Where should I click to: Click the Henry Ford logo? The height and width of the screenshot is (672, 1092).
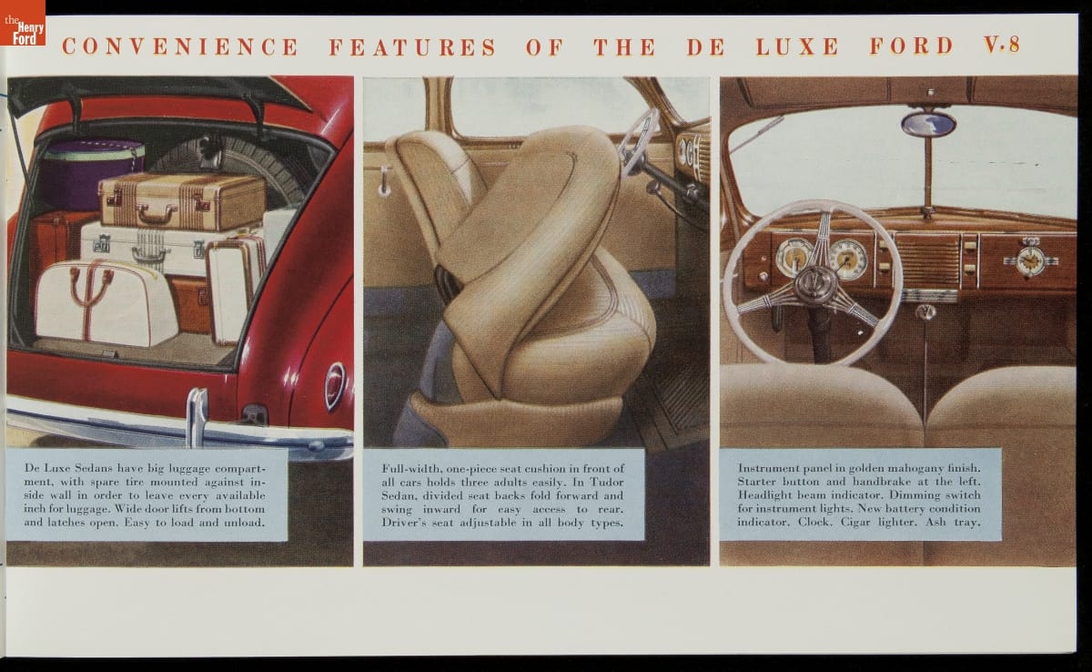tap(23, 23)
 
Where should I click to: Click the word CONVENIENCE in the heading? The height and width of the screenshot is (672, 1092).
tap(180, 46)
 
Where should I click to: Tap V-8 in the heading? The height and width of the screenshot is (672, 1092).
tap(1002, 45)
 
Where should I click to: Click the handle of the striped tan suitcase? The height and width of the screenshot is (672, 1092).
tap(156, 214)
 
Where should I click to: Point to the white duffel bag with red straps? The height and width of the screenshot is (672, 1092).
tap(106, 302)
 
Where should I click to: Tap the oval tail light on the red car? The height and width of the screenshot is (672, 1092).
tap(335, 386)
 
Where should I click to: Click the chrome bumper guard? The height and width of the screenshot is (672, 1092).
tap(197, 417)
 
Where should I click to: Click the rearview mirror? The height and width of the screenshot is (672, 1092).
tap(928, 124)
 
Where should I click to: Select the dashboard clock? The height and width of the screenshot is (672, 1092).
tap(1030, 259)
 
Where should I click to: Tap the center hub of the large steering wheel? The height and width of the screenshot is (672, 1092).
tap(815, 283)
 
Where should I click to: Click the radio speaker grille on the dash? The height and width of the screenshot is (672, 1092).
tap(927, 260)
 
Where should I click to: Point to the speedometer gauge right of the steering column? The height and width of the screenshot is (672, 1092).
tap(849, 259)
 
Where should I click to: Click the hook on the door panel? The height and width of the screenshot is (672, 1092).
tap(385, 181)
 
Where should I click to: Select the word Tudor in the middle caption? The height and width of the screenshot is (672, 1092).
tap(607, 482)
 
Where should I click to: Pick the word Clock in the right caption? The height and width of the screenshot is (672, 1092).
tap(814, 522)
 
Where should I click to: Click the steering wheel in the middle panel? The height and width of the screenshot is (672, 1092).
tap(640, 141)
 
